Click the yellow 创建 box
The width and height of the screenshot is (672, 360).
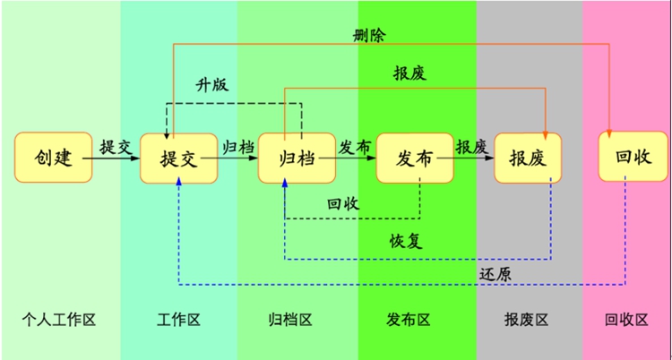click(x=53, y=157)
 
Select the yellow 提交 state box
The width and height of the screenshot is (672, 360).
click(x=178, y=158)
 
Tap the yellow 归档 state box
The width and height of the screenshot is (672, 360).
click(x=297, y=158)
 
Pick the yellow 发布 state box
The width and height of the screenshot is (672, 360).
click(x=415, y=158)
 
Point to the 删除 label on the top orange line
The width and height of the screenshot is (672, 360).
click(x=370, y=35)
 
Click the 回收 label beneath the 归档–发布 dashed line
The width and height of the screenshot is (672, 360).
click(x=344, y=203)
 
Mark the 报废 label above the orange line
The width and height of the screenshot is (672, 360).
click(x=409, y=73)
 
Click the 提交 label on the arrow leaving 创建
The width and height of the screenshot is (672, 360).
click(x=116, y=146)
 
